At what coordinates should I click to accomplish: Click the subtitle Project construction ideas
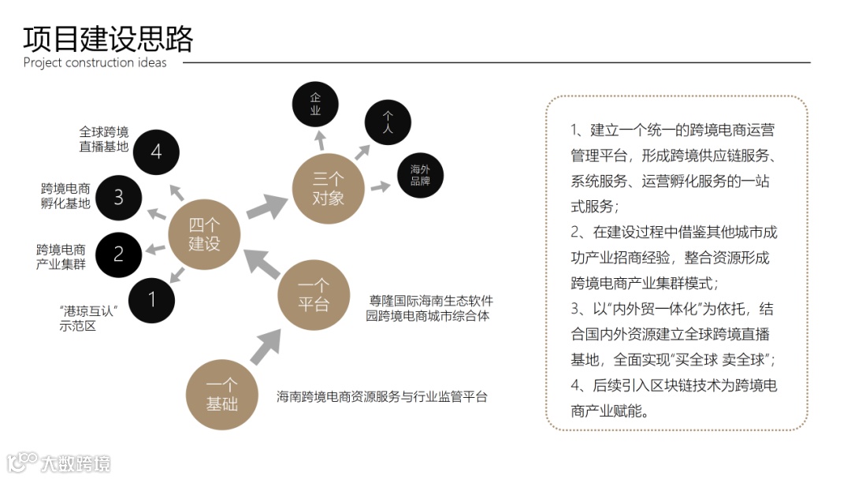(95, 63)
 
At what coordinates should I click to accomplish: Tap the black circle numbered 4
(156, 151)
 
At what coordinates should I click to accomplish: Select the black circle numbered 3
(118, 197)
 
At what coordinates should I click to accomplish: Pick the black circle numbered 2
(118, 254)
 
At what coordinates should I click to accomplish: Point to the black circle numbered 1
(152, 299)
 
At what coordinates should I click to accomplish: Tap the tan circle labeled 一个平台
(313, 295)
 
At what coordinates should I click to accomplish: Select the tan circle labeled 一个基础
(221, 395)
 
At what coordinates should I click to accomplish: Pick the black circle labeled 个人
(388, 123)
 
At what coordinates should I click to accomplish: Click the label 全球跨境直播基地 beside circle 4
(103, 139)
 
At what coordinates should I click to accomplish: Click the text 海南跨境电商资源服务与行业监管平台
(381, 396)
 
